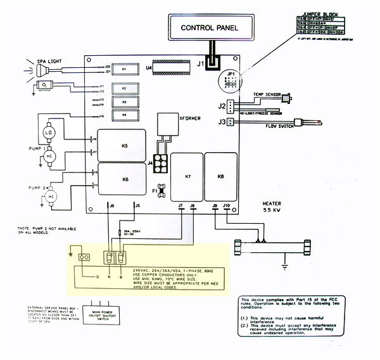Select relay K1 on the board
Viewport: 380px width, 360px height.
[124, 68]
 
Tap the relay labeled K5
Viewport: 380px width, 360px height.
[125, 145]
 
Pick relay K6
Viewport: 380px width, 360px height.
[125, 179]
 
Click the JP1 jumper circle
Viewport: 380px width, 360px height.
[232, 82]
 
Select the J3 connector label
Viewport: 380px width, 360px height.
[221, 122]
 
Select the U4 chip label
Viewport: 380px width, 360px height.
[149, 67]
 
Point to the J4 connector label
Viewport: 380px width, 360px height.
[150, 164]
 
